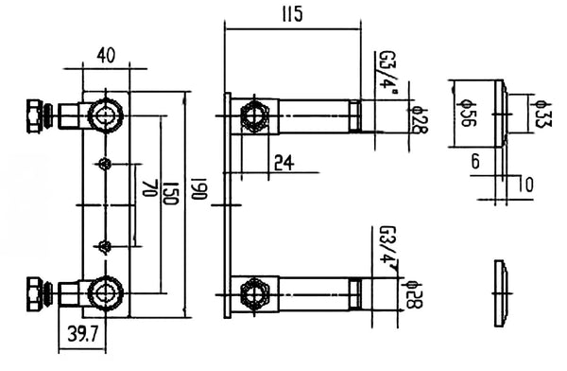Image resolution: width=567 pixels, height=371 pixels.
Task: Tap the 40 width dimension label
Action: [106, 56]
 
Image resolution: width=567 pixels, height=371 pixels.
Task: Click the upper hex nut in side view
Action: [254, 116]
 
